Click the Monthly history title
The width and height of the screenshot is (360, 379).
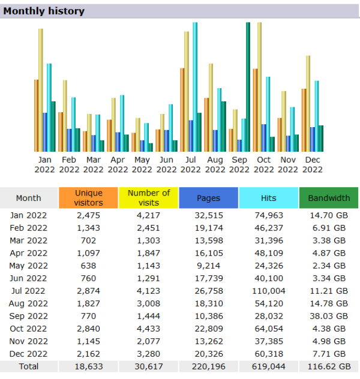44,11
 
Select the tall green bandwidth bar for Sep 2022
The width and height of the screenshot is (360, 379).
248,87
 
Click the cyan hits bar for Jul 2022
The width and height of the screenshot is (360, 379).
195,87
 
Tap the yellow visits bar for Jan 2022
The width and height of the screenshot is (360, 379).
41,90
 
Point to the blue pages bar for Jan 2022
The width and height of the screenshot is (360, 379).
45,132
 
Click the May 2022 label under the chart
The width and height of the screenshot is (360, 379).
142,164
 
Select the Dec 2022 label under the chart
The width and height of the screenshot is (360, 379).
312,164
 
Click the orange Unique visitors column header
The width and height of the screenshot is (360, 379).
88,198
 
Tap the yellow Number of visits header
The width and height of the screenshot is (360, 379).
149,198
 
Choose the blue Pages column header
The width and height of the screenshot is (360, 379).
208,198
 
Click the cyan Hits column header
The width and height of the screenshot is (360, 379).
268,198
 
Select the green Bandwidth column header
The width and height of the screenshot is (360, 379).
328,198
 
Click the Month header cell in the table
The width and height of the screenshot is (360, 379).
28,198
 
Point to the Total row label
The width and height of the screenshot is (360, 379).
28,366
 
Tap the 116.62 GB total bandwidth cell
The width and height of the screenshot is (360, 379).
328,366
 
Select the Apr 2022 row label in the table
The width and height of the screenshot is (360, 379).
28,252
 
